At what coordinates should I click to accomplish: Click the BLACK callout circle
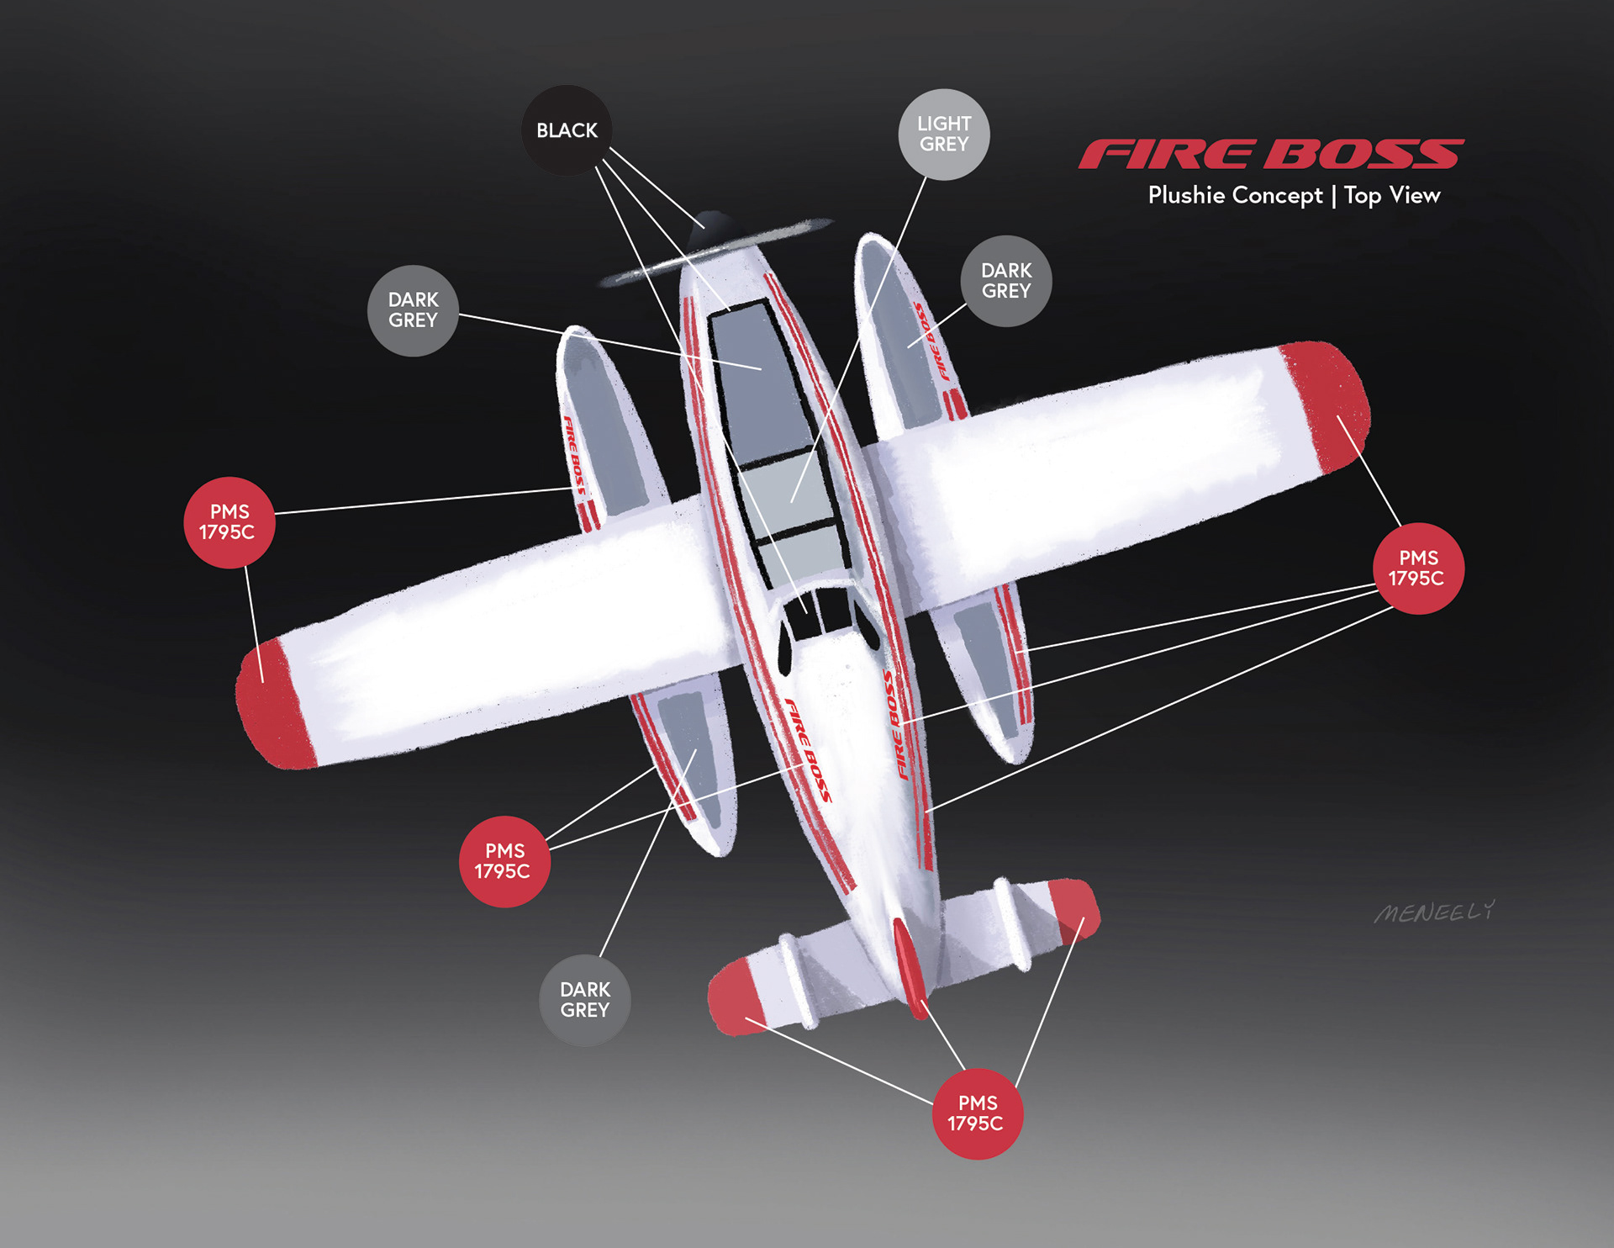click(567, 130)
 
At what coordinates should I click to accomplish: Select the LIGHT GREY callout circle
click(943, 135)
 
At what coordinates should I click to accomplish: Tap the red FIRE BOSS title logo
click(1270, 155)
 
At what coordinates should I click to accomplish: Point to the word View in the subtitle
click(1415, 195)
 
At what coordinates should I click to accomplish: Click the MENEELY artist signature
click(1434, 912)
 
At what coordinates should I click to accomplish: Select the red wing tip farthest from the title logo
click(273, 705)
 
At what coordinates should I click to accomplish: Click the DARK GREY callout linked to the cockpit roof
click(413, 310)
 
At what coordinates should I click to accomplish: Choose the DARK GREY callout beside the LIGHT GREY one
click(1005, 281)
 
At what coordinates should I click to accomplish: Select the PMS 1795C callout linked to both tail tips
click(977, 1113)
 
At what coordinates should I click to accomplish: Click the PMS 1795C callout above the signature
click(1417, 568)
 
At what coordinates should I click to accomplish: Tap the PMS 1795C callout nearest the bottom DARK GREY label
click(504, 861)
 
